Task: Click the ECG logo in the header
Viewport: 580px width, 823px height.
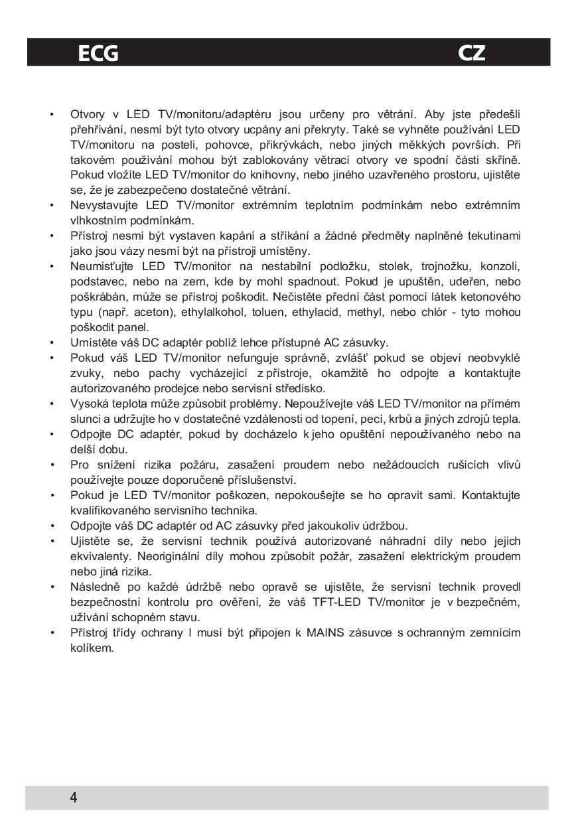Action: tap(98, 53)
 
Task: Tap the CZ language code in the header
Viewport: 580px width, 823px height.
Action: tap(472, 53)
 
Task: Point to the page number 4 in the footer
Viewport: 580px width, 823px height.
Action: tap(74, 798)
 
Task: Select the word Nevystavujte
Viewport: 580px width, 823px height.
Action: tap(102, 205)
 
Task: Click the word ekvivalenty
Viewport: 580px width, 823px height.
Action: tap(100, 556)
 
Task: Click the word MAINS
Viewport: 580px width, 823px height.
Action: tap(325, 633)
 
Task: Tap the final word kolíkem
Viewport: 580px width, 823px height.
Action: tap(92, 648)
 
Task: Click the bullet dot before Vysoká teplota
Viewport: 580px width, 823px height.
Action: tap(52, 404)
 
